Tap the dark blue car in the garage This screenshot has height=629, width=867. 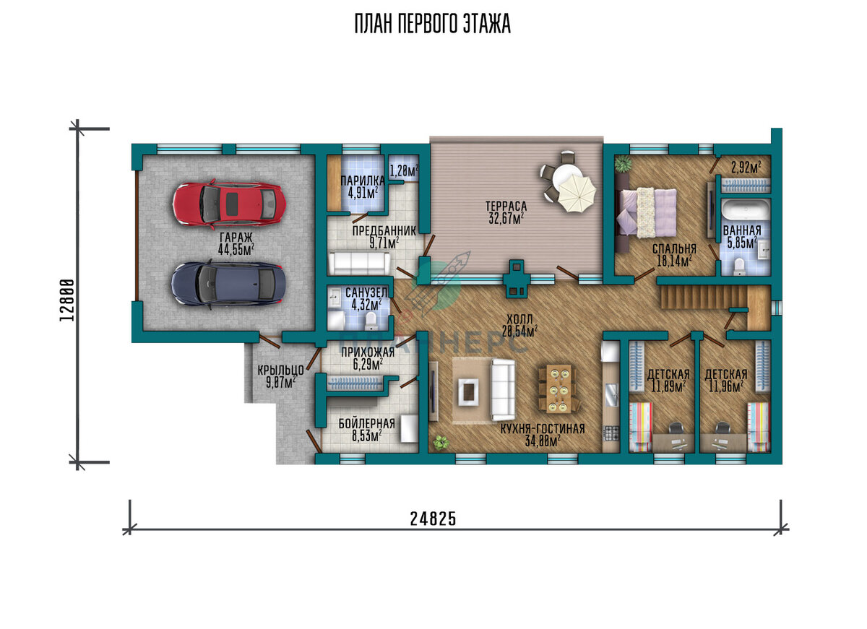coord(228,285)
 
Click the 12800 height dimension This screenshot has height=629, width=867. coord(67,300)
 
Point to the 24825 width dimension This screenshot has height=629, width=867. coord(433,519)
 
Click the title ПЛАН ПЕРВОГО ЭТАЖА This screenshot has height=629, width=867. coord(433,24)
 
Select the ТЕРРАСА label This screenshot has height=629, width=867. coord(506,207)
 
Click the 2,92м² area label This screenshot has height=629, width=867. coord(746,167)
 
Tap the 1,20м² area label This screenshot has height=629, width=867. coord(404,170)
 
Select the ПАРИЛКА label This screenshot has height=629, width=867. coord(362,181)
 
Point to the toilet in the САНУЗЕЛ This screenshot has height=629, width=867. coord(371,321)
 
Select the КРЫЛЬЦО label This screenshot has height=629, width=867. coord(280,370)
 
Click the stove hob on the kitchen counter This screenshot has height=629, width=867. coord(611,433)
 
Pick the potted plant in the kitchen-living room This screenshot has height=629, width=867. coord(441,442)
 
